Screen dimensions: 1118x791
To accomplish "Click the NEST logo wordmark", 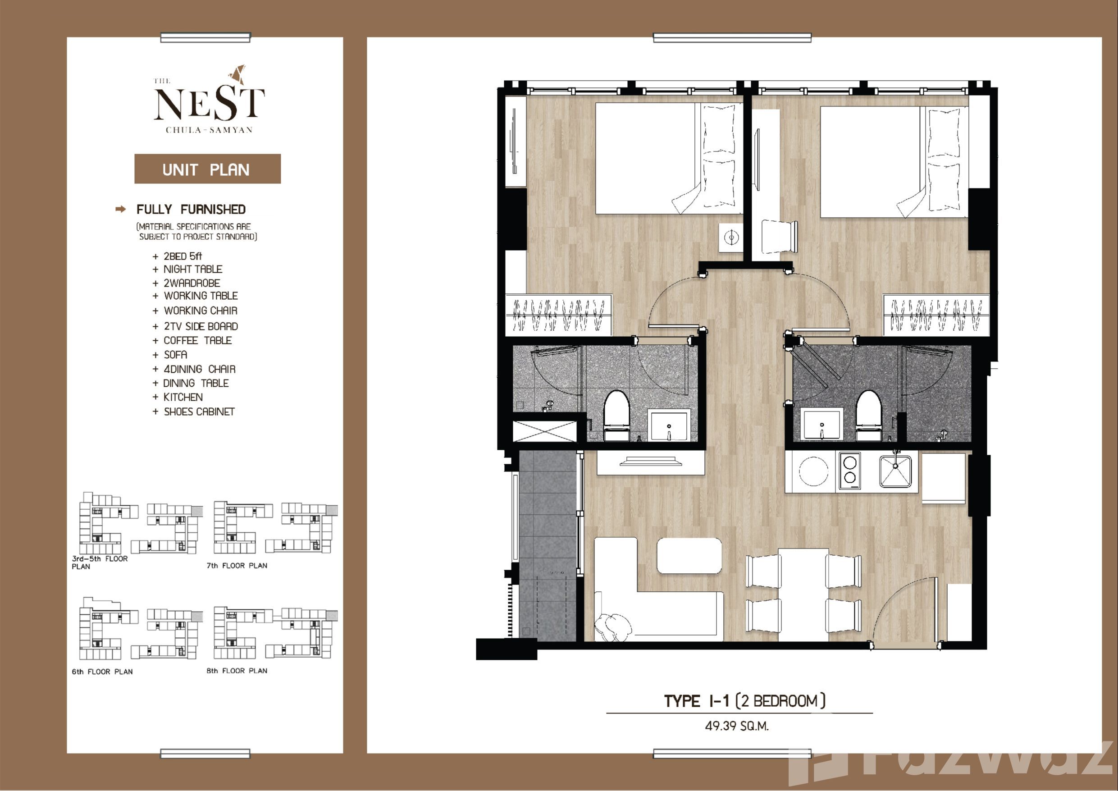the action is click(210, 103).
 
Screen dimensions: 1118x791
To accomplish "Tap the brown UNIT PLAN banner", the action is click(207, 169).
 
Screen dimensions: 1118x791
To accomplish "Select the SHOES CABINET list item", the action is click(199, 412).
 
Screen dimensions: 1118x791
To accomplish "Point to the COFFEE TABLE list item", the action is click(198, 340).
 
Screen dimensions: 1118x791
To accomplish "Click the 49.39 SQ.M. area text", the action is click(737, 726).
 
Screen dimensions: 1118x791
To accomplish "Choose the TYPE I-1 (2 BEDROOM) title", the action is click(745, 701).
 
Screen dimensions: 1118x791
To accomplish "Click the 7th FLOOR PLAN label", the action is click(237, 566).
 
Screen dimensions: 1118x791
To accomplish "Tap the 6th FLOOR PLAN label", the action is click(102, 672).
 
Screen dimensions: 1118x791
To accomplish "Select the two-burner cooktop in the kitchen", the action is click(849, 471).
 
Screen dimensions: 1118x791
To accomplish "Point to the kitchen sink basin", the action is click(895, 471).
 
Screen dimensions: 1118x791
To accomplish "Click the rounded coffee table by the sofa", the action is click(689, 556).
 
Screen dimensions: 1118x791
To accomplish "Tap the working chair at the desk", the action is click(780, 236).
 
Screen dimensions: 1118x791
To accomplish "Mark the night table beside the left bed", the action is click(731, 238).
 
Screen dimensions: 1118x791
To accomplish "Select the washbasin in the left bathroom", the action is click(669, 425).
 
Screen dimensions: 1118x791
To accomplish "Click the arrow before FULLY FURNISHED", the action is click(121, 210).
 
